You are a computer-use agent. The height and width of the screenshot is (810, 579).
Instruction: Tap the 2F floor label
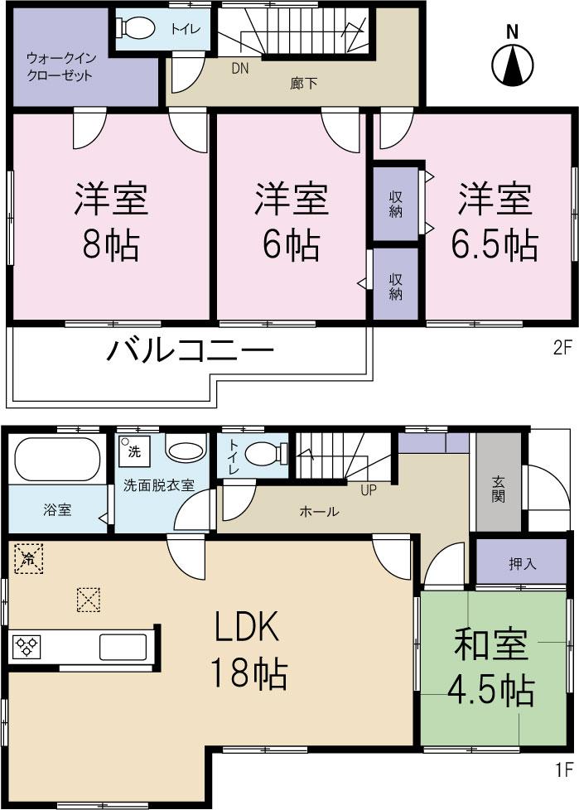pyautogui.click(x=562, y=348)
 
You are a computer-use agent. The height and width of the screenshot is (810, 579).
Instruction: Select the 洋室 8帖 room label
pyautogui.click(x=111, y=221)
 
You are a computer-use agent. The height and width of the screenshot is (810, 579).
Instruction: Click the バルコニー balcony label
pyautogui.click(x=190, y=352)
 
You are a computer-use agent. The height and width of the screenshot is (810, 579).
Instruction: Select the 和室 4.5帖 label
pyautogui.click(x=493, y=669)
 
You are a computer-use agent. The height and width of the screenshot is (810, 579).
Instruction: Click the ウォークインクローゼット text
pyautogui.click(x=59, y=67)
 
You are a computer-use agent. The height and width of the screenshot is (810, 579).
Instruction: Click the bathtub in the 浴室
pyautogui.click(x=55, y=459)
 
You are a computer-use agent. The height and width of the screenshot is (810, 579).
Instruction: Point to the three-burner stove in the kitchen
pyautogui.click(x=28, y=646)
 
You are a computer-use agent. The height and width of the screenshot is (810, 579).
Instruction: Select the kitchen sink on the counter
pyautogui.click(x=123, y=646)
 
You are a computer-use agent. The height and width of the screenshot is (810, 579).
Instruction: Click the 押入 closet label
pyautogui.click(x=522, y=563)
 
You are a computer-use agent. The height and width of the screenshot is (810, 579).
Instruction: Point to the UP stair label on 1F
pyautogui.click(x=368, y=489)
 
